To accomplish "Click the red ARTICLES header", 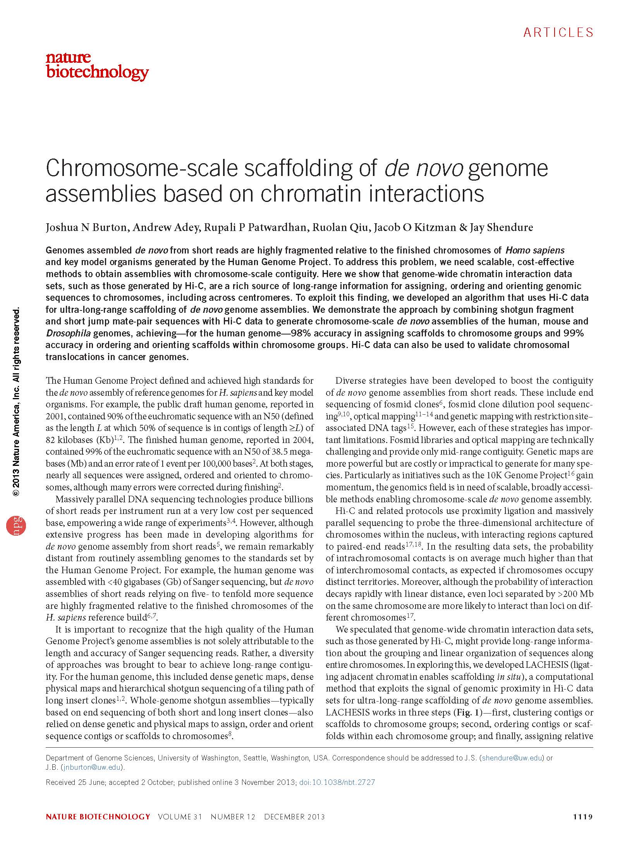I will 558,33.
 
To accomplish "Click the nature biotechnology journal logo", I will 97,66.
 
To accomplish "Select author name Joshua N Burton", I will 86,227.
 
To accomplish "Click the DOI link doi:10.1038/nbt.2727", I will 337,782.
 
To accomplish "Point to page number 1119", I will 583,815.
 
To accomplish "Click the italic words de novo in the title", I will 424,169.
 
